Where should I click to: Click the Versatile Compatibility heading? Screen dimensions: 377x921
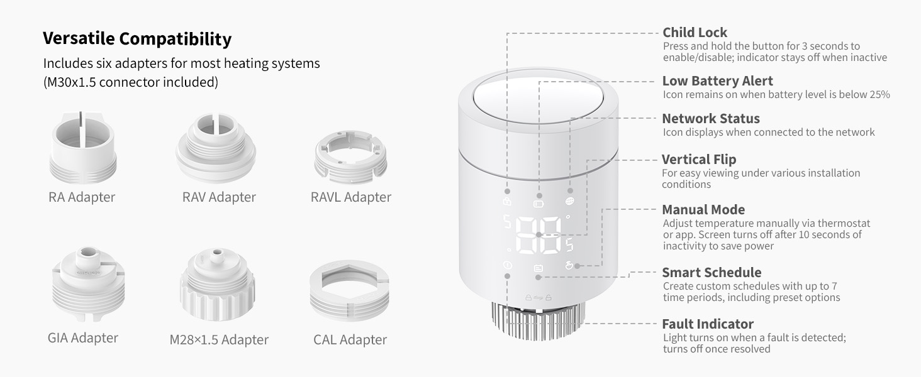pyautogui.click(x=137, y=39)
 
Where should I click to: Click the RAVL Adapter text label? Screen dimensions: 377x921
pyautogui.click(x=351, y=197)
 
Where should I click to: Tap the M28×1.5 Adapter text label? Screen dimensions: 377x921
pyautogui.click(x=219, y=340)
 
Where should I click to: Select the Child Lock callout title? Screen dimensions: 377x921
pyautogui.click(x=695, y=33)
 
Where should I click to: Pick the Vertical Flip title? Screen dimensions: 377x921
pyautogui.click(x=698, y=160)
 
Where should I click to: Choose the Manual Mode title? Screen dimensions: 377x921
pyautogui.click(x=703, y=210)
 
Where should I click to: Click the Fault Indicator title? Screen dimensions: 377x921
pyautogui.click(x=707, y=324)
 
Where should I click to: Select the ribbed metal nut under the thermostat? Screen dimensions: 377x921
pyautogui.click(x=537, y=318)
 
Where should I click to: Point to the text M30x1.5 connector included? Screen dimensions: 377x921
pyautogui.click(x=130, y=82)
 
